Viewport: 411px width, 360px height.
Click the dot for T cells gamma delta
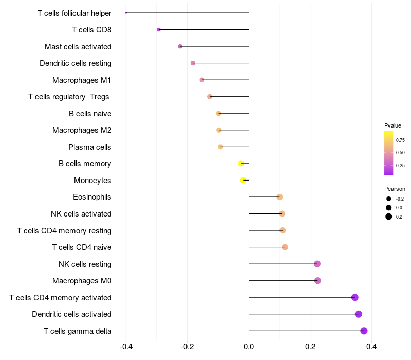(x=364, y=331)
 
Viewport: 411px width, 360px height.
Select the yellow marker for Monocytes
(x=244, y=180)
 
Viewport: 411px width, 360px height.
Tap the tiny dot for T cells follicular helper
(x=126, y=13)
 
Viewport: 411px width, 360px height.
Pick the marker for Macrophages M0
(x=317, y=281)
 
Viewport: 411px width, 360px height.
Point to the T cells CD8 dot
(x=159, y=30)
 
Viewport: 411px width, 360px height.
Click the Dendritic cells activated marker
(x=359, y=314)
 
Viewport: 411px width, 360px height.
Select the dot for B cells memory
(x=241, y=164)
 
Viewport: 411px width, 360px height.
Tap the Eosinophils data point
(x=279, y=197)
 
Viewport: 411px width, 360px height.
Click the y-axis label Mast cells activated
(x=78, y=47)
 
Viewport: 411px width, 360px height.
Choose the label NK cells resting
(x=85, y=264)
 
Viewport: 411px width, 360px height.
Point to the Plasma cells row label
(x=90, y=147)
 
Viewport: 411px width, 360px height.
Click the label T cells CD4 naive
(x=82, y=247)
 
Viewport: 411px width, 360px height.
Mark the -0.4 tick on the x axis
(x=126, y=347)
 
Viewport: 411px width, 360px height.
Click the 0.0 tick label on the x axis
(x=249, y=347)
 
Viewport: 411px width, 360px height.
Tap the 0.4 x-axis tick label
(x=371, y=347)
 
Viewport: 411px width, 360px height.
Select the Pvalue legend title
(x=393, y=125)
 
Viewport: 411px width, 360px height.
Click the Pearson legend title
(x=395, y=189)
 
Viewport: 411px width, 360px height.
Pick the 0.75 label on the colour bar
(x=400, y=140)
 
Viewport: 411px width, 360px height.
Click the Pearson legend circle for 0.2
(x=389, y=217)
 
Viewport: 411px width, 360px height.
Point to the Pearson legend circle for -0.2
(x=389, y=199)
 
